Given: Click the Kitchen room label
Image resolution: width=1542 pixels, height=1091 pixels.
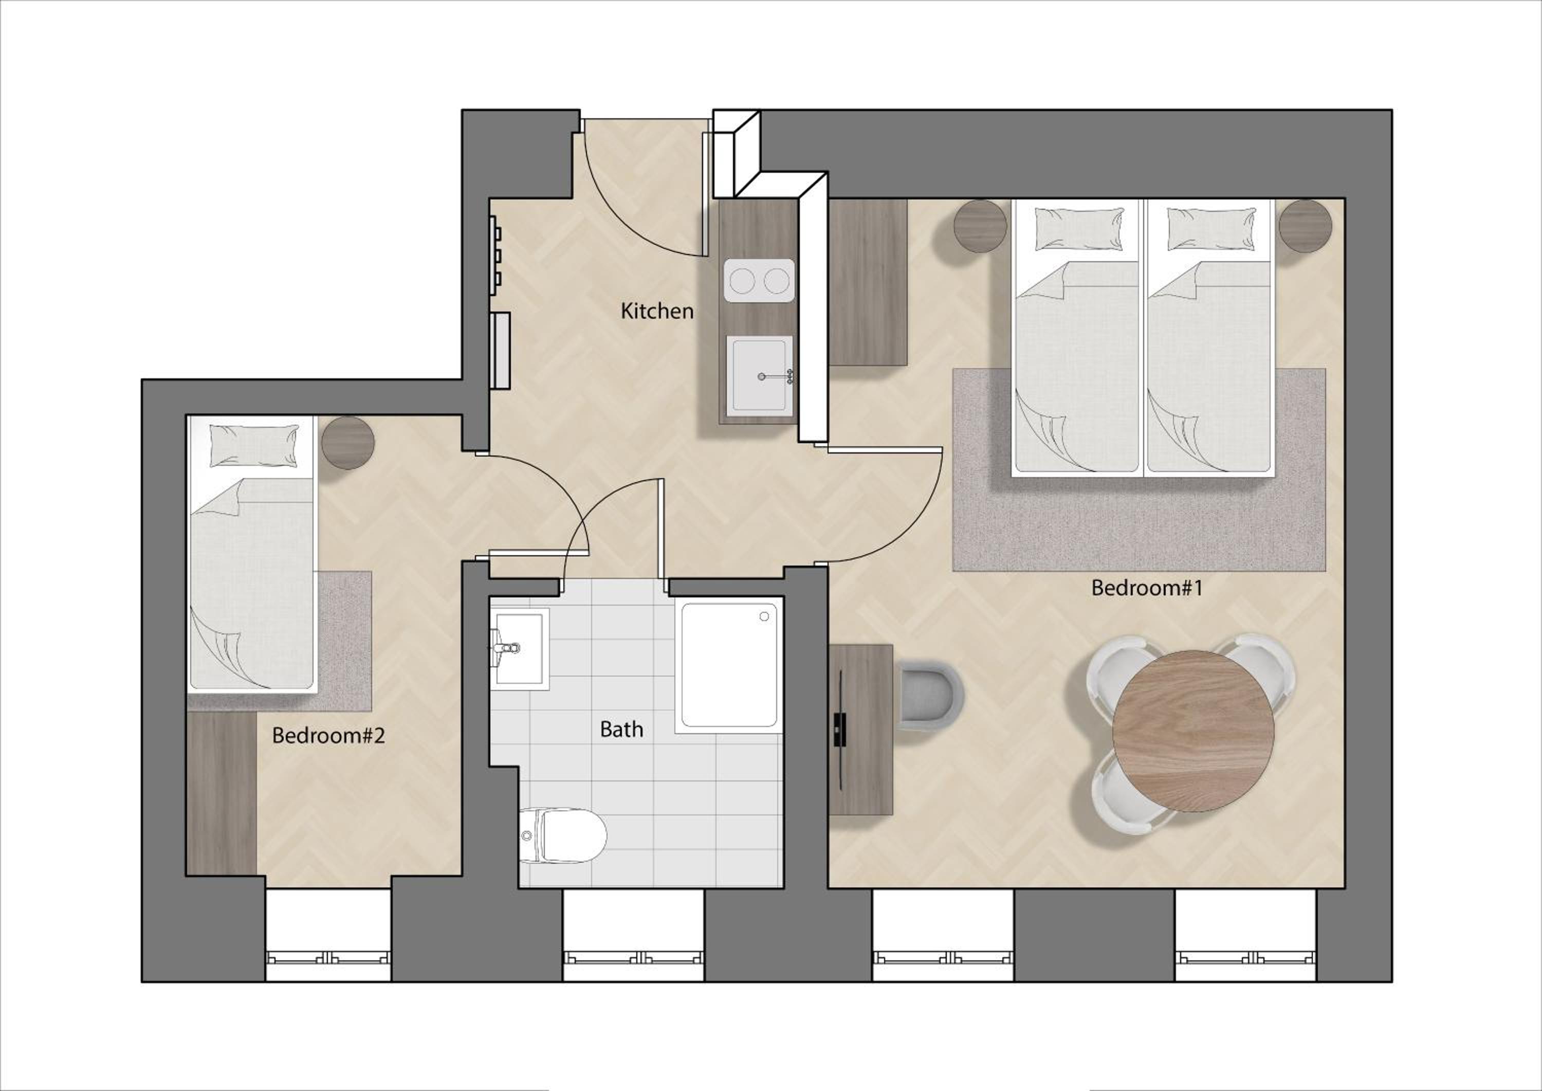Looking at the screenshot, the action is point(657,311).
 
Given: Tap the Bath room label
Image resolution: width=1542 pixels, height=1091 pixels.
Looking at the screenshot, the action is point(621,729).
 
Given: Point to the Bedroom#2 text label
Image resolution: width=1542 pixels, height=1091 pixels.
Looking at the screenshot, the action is point(328,736).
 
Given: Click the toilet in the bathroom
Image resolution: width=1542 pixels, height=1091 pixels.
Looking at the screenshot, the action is point(563,835).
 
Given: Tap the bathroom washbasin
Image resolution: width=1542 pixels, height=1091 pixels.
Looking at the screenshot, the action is point(520,649).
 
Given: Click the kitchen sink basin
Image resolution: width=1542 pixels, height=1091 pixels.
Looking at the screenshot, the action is point(759,375).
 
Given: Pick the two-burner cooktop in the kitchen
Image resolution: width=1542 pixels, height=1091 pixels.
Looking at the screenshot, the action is point(759,281).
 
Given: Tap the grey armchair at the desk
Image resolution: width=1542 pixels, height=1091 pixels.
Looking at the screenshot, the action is point(931,696).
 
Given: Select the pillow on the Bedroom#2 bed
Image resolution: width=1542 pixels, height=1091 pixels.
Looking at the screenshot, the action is point(254,445).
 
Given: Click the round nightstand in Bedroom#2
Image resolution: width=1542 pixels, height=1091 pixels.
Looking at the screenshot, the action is point(348,443).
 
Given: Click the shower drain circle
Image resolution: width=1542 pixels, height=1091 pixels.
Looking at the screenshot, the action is point(764,616).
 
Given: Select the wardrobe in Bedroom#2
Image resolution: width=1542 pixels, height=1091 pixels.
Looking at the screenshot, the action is point(222,793).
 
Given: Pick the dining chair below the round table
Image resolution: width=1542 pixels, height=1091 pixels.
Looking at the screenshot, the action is point(1128,797).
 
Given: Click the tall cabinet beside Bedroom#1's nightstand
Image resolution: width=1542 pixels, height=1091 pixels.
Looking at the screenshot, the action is point(868,282).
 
